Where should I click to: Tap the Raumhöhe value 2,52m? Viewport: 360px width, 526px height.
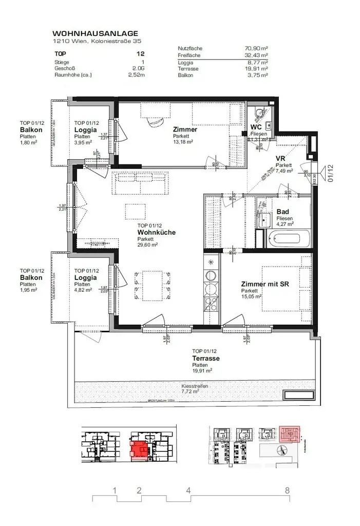click(136, 74)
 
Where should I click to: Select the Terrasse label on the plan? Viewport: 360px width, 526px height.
click(206, 358)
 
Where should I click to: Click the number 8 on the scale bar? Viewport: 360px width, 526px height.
click(287, 490)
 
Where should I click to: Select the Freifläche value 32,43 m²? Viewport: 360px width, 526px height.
click(256, 54)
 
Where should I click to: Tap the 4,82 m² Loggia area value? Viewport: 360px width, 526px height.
click(83, 290)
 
